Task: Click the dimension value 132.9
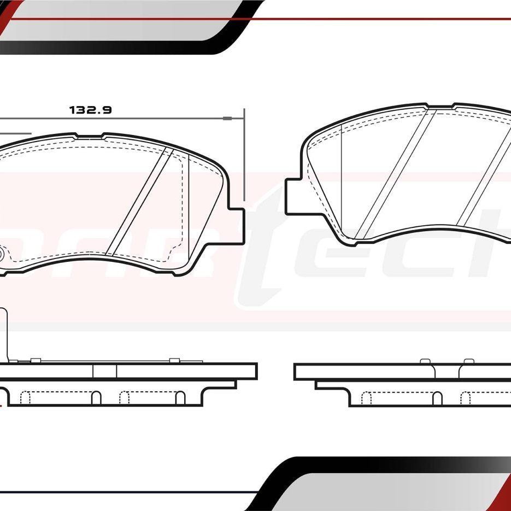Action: pos(91,110)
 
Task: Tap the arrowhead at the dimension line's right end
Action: pos(228,118)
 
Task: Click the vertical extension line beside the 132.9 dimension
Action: pos(244,153)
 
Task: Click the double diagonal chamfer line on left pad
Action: pos(139,202)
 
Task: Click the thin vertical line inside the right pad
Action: pos(341,180)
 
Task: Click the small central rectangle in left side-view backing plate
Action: pos(104,371)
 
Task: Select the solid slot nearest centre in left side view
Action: pos(96,398)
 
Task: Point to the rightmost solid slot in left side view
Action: pos(180,398)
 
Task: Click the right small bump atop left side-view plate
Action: pos(174,360)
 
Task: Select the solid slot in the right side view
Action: pos(437,398)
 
